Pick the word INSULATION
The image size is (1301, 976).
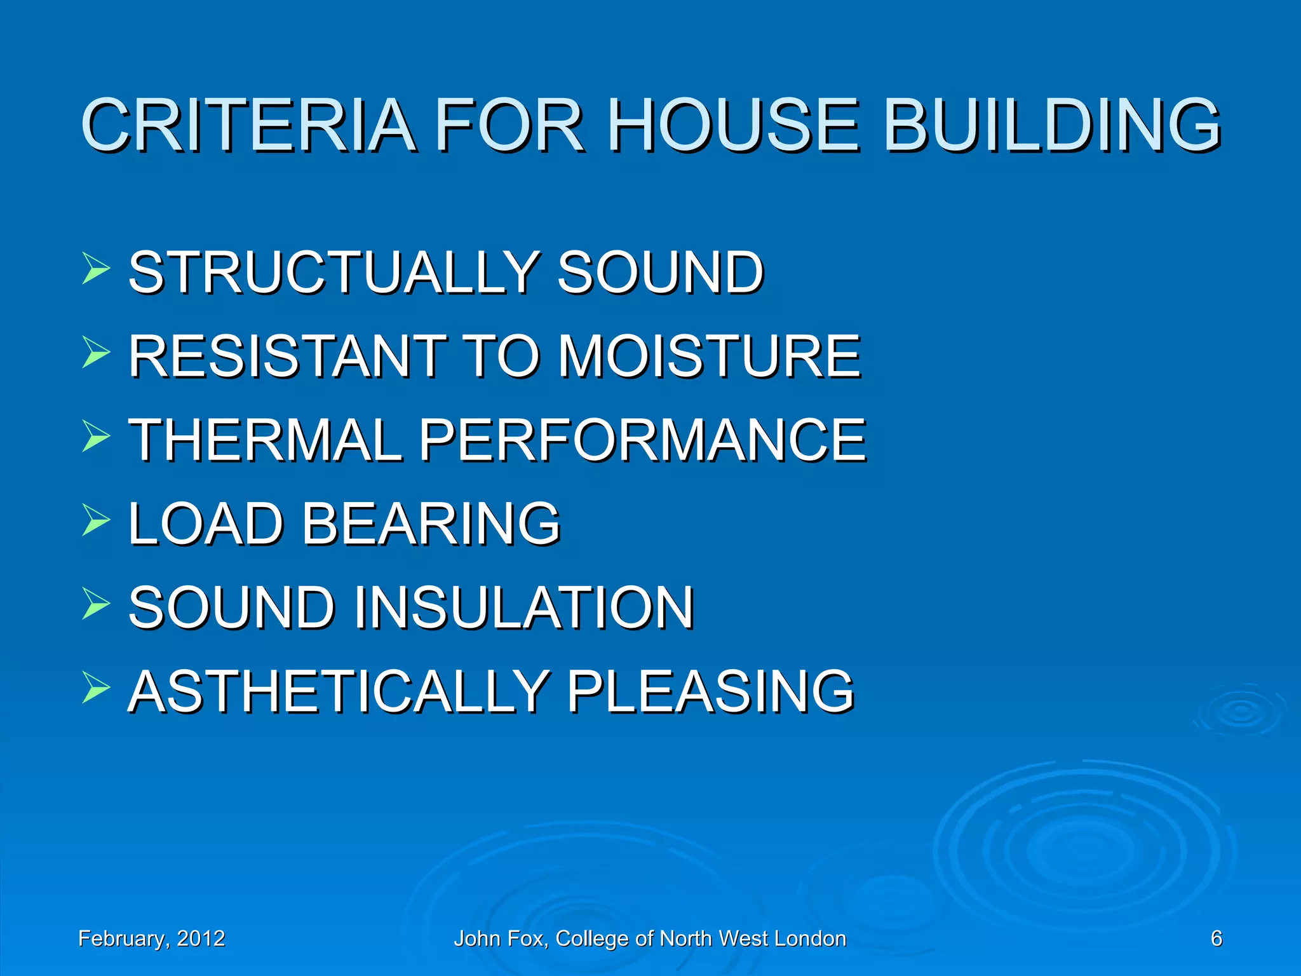pos(523,607)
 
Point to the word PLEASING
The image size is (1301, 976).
pos(710,691)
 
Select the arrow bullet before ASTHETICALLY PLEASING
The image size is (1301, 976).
pos(96,687)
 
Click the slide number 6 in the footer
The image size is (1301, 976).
pos(1216,939)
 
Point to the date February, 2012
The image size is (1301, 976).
pos(151,939)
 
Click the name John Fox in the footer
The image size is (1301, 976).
pos(501,939)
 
